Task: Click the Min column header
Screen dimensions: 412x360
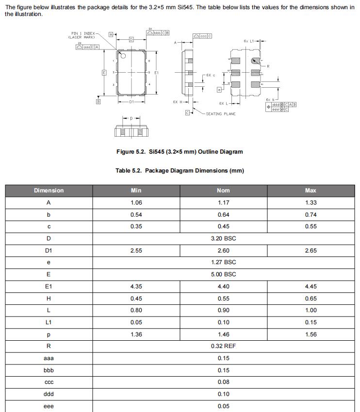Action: click(x=136, y=190)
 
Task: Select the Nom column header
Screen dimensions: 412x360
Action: click(x=223, y=190)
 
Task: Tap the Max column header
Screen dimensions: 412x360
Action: click(x=311, y=190)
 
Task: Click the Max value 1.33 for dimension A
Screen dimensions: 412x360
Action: click(x=311, y=203)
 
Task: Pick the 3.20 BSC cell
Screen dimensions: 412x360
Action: click(x=223, y=238)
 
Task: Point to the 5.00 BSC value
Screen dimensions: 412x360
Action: click(x=223, y=274)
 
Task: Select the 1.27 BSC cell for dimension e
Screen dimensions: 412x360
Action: click(x=223, y=262)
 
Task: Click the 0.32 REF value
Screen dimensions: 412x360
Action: click(x=223, y=346)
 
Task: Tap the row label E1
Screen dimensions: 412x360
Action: click(x=49, y=286)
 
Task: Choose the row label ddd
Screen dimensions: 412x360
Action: click(x=49, y=394)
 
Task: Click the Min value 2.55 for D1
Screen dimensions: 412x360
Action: click(x=136, y=251)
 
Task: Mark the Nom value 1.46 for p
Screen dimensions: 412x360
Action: click(x=223, y=334)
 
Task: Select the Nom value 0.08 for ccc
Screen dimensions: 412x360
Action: click(x=223, y=382)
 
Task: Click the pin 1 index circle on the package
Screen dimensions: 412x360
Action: click(x=123, y=56)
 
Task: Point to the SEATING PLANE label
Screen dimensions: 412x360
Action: click(x=221, y=114)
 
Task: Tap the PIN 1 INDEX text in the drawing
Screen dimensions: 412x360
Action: click(x=81, y=33)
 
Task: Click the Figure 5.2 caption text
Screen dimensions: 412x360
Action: click(x=180, y=152)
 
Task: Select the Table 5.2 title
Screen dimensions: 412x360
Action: click(x=180, y=171)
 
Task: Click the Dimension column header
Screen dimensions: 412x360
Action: click(x=49, y=190)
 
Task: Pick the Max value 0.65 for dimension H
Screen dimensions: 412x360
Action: click(x=311, y=299)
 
